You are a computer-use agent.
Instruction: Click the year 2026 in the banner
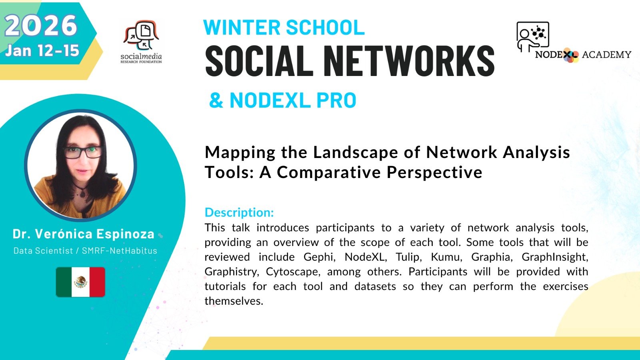(41, 26)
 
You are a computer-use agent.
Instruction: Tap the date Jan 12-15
(42, 50)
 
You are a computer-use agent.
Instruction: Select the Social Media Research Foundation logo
(141, 42)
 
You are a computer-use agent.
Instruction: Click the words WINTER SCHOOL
(284, 28)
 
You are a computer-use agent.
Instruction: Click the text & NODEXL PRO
(283, 100)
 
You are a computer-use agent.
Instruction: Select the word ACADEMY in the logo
(606, 54)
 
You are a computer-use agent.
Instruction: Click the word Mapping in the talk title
(240, 152)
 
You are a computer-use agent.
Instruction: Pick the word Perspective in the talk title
(434, 172)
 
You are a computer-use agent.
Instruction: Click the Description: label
(239, 212)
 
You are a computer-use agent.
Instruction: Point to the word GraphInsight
(555, 257)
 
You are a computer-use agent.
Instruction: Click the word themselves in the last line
(234, 301)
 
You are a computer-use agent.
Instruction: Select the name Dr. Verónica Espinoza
(84, 234)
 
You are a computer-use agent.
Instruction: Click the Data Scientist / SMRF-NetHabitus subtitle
(85, 250)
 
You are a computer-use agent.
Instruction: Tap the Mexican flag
(80, 282)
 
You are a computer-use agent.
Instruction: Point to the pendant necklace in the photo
(82, 194)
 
